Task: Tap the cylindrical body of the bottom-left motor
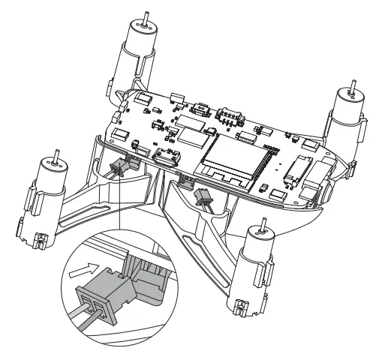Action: pyautogui.click(x=44, y=194)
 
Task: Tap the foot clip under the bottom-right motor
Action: pyautogui.click(x=242, y=305)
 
